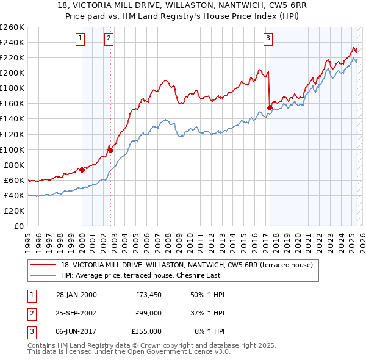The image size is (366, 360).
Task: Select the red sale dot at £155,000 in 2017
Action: pos(270,107)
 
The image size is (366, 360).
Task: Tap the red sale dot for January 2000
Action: pos(82,170)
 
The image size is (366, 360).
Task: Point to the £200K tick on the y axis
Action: pos(13,73)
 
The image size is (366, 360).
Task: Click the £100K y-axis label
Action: pos(13,149)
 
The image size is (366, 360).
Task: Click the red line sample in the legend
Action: pos(42,264)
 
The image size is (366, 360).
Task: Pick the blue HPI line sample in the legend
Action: pos(42,275)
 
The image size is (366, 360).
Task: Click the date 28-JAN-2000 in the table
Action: pos(76,295)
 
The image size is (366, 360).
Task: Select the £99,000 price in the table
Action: pos(148,313)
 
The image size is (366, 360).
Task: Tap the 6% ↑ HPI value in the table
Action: pos(209,331)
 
